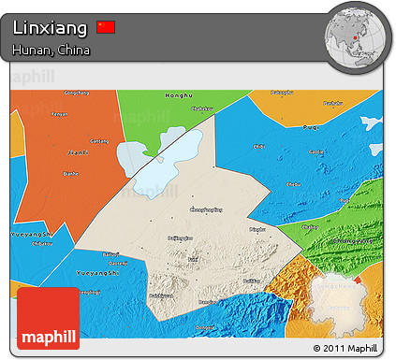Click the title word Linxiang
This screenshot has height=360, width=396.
point(51,28)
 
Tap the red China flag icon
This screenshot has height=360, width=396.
point(106,27)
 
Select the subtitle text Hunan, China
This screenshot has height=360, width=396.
point(51,50)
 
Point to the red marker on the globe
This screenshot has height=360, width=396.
point(357,38)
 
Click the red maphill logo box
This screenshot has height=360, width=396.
point(48,318)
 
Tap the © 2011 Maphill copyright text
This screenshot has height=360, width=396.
point(346,350)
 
